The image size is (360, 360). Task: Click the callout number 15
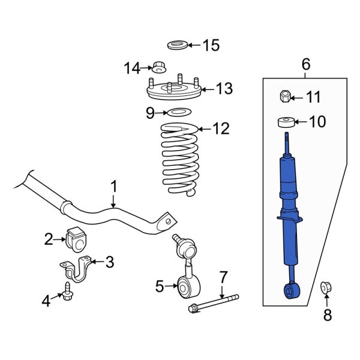211,45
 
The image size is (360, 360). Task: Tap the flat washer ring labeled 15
176,44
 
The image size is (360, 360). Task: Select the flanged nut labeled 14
159,67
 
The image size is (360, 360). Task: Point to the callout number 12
221,128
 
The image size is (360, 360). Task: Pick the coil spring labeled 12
180,159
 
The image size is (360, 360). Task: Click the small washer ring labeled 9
178,112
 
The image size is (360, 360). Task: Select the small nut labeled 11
286,96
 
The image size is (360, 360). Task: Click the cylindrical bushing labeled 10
286,122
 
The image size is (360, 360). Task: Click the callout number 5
159,287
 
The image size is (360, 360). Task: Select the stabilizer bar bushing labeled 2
77,240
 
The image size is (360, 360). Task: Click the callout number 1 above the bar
115,187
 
